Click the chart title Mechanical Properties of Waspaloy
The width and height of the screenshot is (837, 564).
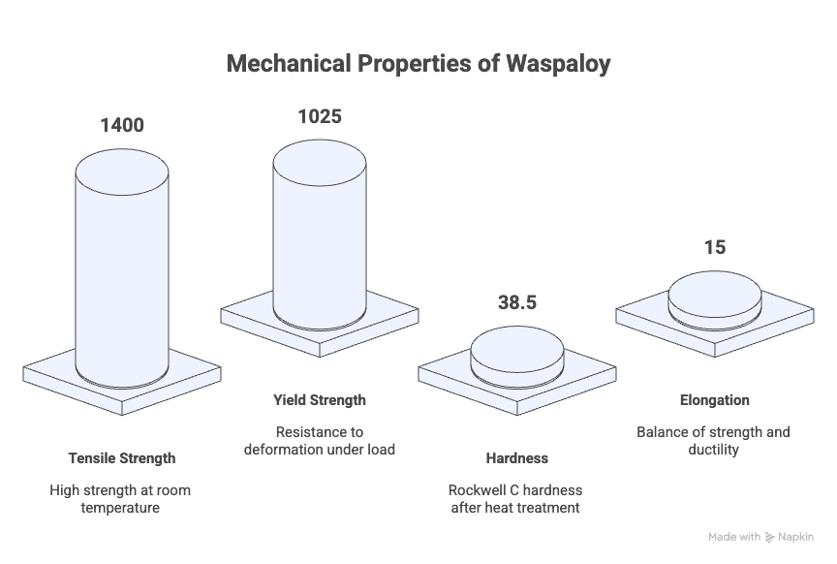tap(418, 64)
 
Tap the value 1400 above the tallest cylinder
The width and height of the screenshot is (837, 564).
tap(122, 125)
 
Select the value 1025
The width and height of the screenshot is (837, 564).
tap(320, 116)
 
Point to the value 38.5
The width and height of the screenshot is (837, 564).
tap(517, 302)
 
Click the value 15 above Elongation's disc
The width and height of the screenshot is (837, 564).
tap(715, 247)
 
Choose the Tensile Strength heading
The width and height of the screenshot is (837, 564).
tap(122, 458)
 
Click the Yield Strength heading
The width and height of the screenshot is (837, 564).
tap(320, 400)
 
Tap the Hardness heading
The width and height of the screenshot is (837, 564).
tap(517, 458)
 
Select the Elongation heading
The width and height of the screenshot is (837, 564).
tap(715, 400)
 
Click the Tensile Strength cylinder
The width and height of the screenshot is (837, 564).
tap(122, 268)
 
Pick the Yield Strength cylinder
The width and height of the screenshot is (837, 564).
tap(320, 235)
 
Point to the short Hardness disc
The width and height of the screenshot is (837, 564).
tap(517, 357)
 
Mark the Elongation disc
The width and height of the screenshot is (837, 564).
tap(715, 300)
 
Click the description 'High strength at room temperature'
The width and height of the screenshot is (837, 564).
tap(121, 499)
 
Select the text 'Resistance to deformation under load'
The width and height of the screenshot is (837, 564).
tap(320, 441)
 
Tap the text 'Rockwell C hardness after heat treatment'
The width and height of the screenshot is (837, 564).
tap(515, 499)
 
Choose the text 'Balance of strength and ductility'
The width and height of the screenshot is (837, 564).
tap(714, 441)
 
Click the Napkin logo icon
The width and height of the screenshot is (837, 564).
tap(769, 537)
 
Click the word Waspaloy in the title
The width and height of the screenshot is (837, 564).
tap(559, 64)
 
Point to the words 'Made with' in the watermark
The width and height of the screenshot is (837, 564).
tap(734, 537)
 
